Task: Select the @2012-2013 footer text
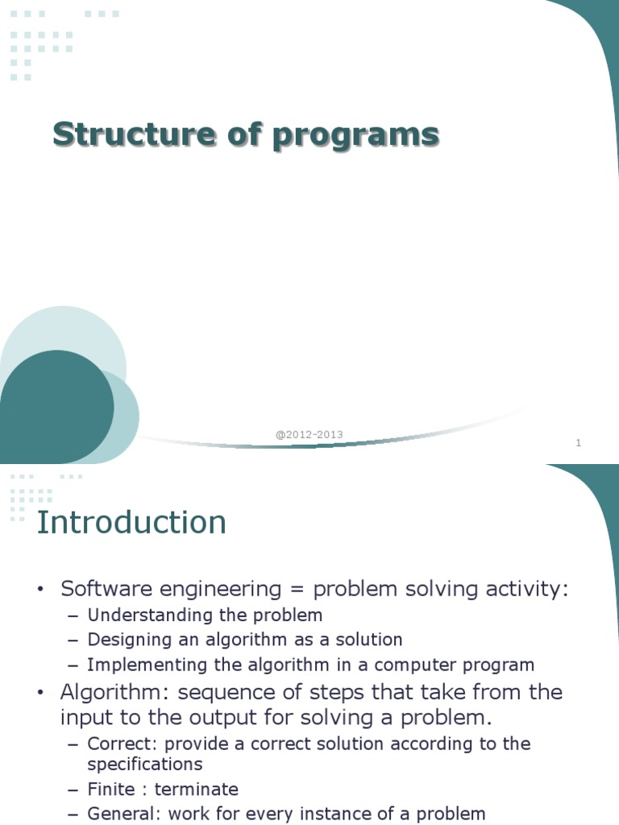(309, 434)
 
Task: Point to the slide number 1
(579, 442)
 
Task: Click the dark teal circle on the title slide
(52, 407)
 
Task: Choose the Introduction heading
(132, 523)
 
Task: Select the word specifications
(145, 763)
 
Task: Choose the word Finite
(111, 789)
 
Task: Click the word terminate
(197, 789)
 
